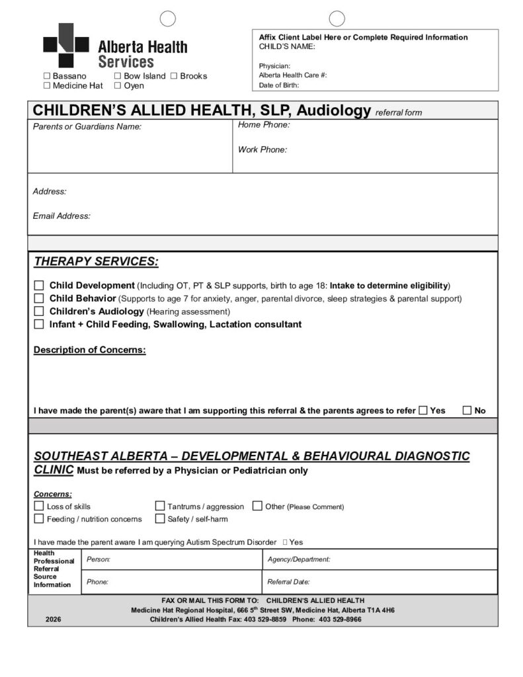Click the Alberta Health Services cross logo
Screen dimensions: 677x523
pyautogui.click(x=65, y=45)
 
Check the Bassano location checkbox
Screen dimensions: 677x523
pyautogui.click(x=47, y=76)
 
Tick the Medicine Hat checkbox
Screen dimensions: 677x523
pyautogui.click(x=47, y=86)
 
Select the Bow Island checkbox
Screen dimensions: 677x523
pyautogui.click(x=118, y=76)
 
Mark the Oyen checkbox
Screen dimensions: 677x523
pyautogui.click(x=118, y=86)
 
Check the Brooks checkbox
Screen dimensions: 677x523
pyautogui.click(x=174, y=76)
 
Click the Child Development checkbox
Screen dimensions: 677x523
pyautogui.click(x=39, y=286)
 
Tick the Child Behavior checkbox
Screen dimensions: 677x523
pyautogui.click(x=39, y=298)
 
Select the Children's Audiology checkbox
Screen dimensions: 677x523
pyautogui.click(x=39, y=311)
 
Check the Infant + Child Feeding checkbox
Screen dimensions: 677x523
pyautogui.click(x=39, y=325)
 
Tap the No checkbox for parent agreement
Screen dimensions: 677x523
pyautogui.click(x=467, y=411)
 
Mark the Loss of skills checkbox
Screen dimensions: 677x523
pyautogui.click(x=38, y=506)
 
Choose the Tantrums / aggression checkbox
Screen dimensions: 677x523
pyautogui.click(x=160, y=506)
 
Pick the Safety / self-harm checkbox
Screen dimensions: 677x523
pyautogui.click(x=160, y=519)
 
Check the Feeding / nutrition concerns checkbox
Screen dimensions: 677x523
pyautogui.click(x=38, y=519)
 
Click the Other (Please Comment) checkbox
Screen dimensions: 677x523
pyautogui.click(x=258, y=506)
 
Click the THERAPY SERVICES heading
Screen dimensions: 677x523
pyautogui.click(x=96, y=262)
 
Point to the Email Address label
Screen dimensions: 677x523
pyautogui.click(x=61, y=216)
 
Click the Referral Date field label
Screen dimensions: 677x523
pyautogui.click(x=288, y=582)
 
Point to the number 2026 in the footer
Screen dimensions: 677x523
pyautogui.click(x=54, y=619)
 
